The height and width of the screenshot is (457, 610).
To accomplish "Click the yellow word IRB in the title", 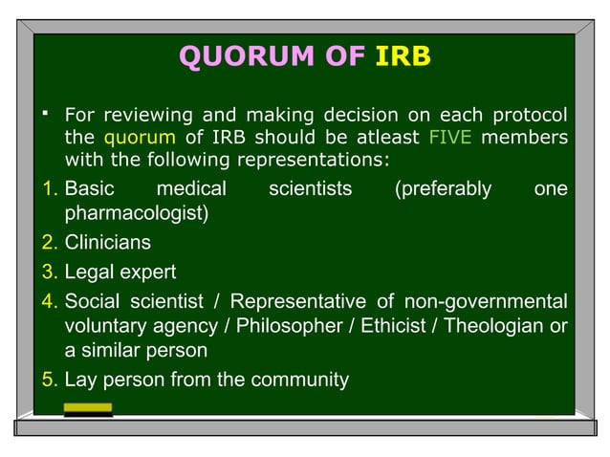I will click(x=403, y=58).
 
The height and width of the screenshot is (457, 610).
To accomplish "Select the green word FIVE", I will click(x=449, y=137).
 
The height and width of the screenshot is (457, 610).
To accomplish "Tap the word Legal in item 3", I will click(x=88, y=272).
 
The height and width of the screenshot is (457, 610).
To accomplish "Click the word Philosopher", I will click(x=295, y=326).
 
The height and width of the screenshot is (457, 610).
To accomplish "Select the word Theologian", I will click(x=493, y=326).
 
